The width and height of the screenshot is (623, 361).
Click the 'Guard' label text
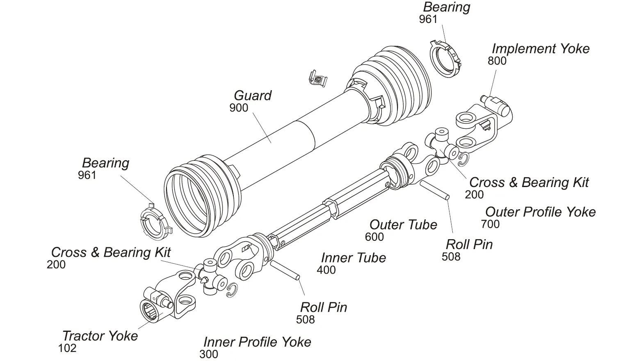252,96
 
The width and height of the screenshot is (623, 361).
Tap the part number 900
239,108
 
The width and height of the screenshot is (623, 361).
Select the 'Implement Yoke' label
540,49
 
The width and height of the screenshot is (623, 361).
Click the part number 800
497,61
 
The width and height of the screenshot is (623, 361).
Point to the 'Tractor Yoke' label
100,336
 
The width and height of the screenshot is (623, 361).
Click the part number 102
67,348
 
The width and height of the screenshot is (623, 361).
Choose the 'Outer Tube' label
403,225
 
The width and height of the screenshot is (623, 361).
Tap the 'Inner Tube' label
353,258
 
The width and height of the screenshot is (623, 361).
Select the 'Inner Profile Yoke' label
257,342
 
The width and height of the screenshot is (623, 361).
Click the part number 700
490,224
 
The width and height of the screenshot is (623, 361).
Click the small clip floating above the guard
317,78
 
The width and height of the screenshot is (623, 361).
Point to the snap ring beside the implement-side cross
463,160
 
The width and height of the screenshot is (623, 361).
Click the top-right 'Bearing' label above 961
446,7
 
